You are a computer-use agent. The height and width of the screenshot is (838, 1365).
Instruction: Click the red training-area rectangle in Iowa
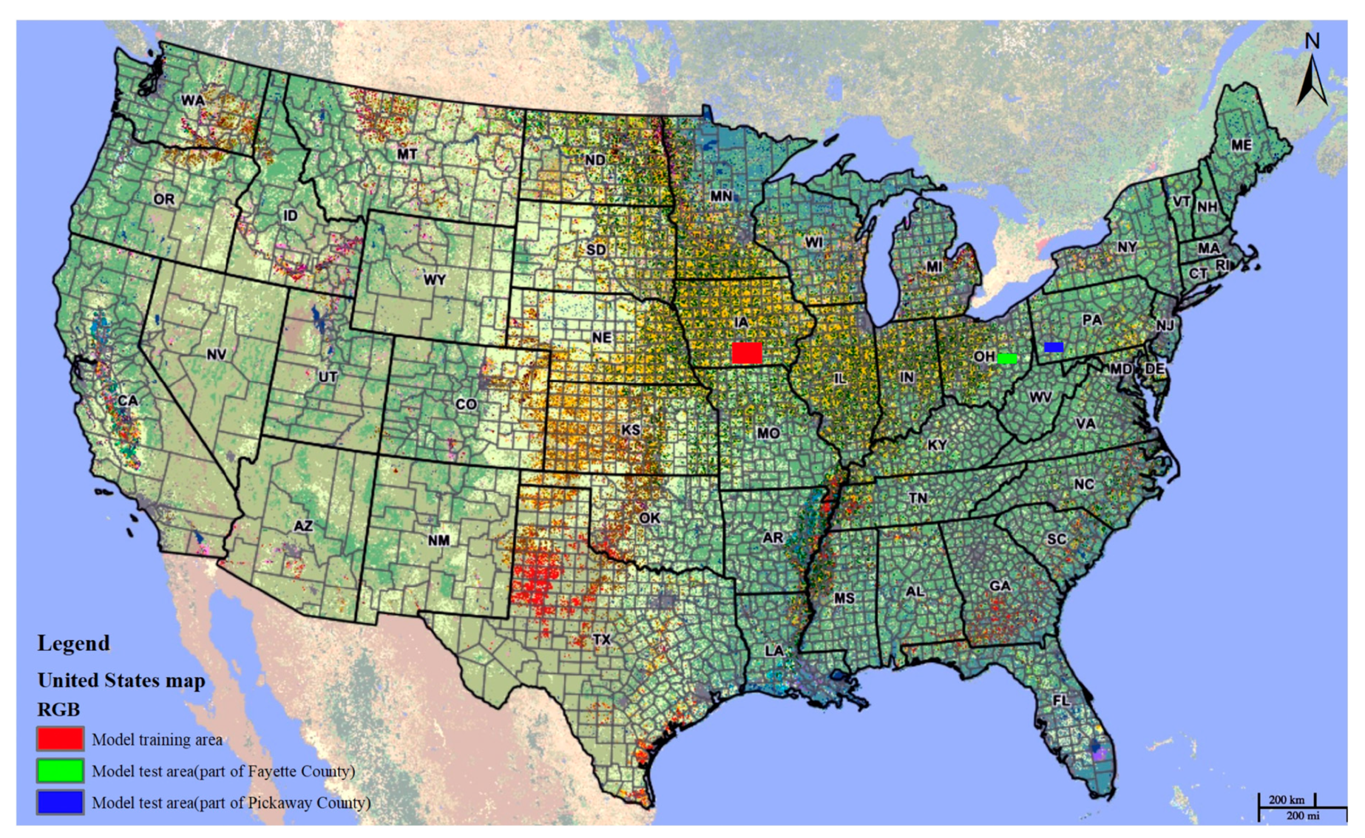point(747,353)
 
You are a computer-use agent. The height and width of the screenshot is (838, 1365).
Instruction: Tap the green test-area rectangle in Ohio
point(1007,359)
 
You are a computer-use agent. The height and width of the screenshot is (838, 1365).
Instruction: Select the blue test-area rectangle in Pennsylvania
point(1054,347)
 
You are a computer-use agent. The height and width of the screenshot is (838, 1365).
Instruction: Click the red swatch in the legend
point(61,739)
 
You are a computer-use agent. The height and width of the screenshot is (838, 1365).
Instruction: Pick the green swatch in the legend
point(61,770)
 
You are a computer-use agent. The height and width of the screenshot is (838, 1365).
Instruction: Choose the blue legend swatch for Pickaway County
point(61,802)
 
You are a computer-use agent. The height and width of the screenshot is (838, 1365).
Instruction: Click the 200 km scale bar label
point(1287,800)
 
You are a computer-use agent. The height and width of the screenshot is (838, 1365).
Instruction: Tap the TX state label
point(602,639)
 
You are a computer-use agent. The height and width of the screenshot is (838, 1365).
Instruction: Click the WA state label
point(193,101)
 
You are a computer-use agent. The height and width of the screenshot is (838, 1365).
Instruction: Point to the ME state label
point(1241,145)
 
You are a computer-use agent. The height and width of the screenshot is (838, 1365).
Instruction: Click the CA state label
point(128,400)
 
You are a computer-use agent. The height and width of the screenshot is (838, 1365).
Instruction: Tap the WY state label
point(434,279)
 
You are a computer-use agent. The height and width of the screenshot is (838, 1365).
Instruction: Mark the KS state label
point(630,430)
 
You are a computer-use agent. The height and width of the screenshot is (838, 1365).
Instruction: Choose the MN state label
point(721,196)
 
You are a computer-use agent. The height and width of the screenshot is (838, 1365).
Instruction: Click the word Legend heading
point(73,643)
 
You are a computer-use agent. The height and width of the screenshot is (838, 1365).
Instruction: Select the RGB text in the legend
point(58,709)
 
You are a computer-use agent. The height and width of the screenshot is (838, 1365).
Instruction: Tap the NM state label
point(438,540)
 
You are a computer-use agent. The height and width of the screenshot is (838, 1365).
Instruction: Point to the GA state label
point(1000,586)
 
